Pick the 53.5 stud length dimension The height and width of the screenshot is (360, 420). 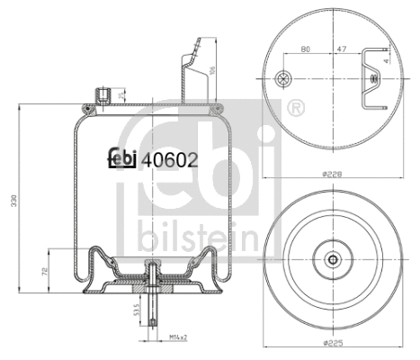pyautogui.click(x=135, y=310)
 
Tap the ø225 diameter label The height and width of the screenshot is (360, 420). pyautogui.click(x=334, y=343)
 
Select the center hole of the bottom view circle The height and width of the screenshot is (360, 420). pyautogui.click(x=334, y=261)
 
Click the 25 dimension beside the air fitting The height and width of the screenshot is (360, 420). pyautogui.click(x=121, y=94)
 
